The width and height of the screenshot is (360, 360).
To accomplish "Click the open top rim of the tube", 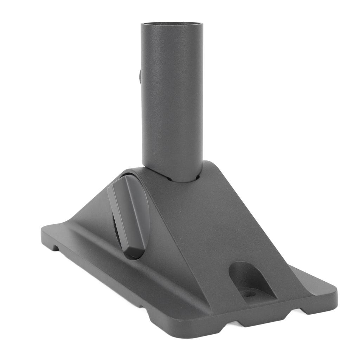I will (172, 24).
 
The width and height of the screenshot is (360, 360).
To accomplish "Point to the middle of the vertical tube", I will (172, 98).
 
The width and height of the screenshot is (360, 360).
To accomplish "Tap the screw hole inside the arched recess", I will (249, 293).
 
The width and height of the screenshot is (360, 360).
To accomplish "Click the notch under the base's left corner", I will (55, 247).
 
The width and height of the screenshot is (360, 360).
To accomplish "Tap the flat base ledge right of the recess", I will (309, 281).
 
